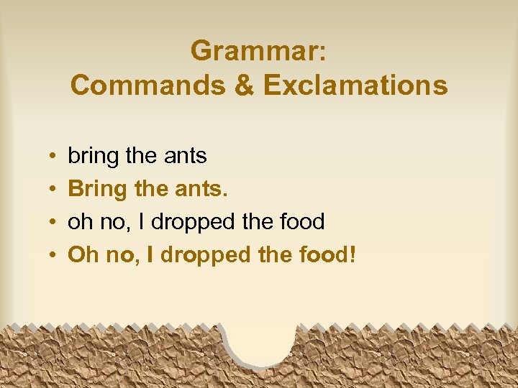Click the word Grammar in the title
[258, 51]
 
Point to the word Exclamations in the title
[355, 86]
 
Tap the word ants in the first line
[186, 156]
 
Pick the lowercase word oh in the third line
[79, 222]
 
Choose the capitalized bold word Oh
[82, 255]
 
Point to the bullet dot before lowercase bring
[54, 157]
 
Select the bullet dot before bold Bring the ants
[54, 190]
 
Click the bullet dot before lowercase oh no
[54, 223]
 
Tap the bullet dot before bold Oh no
[54, 256]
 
